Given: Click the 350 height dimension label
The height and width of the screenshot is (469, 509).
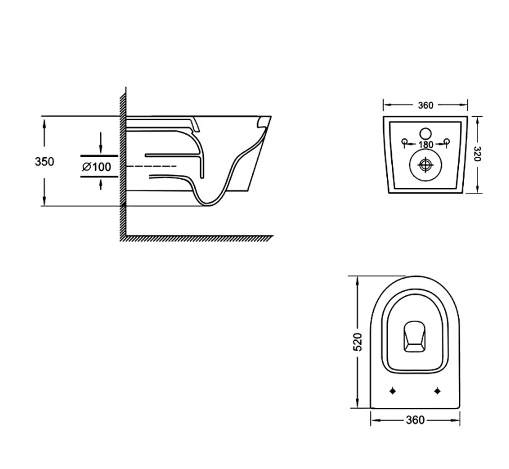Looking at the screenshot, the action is pyautogui.click(x=44, y=161).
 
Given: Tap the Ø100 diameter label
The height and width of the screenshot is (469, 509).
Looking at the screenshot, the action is pyautogui.click(x=97, y=167).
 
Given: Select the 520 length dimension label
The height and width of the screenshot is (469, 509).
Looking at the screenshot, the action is pyautogui.click(x=357, y=342).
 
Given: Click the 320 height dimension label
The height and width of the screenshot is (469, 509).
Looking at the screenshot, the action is pyautogui.click(x=478, y=154).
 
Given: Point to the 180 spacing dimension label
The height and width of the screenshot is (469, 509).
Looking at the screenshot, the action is pyautogui.click(x=426, y=145).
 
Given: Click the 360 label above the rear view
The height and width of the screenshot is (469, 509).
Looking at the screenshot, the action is pyautogui.click(x=425, y=105).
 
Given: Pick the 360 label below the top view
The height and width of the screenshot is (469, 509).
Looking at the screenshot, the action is pyautogui.click(x=415, y=420).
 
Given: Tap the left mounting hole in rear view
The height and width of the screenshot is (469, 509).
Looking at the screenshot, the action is pyautogui.click(x=405, y=142).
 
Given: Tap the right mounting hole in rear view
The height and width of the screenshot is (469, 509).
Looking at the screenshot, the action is pyautogui.click(x=447, y=142).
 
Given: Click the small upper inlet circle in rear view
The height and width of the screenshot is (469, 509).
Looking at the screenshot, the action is pyautogui.click(x=425, y=133).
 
